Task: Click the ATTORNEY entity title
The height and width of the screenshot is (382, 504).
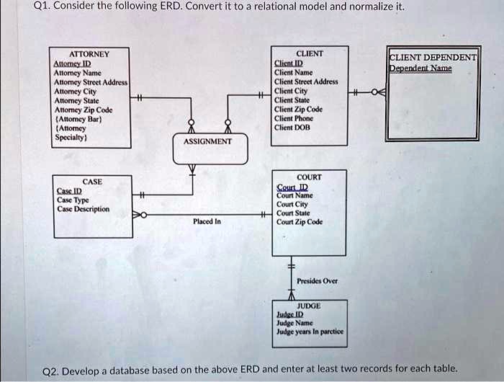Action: pyautogui.click(x=89, y=54)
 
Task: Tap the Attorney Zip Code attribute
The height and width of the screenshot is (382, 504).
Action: pyautogui.click(x=83, y=110)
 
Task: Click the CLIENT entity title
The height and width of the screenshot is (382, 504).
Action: pyautogui.click(x=310, y=54)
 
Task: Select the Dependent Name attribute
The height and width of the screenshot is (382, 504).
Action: pyautogui.click(x=420, y=68)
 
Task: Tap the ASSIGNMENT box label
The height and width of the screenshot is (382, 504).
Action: pyautogui.click(x=207, y=142)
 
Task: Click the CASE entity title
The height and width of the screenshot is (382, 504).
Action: pyautogui.click(x=92, y=182)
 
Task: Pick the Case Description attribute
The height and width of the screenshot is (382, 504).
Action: pyautogui.click(x=83, y=209)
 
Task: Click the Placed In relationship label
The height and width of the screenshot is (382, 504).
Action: pyautogui.click(x=206, y=222)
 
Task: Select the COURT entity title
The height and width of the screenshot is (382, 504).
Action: pyautogui.click(x=309, y=177)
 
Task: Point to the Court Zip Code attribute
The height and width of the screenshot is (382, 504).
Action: pyautogui.click(x=300, y=222)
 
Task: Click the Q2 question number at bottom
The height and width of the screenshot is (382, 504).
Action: pyautogui.click(x=51, y=370)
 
